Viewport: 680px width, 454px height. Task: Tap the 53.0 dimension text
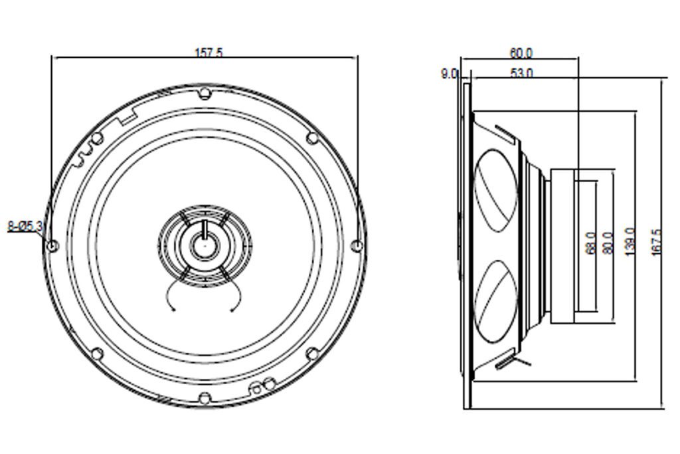coord(521,73)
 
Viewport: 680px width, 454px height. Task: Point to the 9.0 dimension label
coord(449,74)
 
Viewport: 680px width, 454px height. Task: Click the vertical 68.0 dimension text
coord(590,243)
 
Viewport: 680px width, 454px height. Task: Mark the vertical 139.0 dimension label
coord(630,243)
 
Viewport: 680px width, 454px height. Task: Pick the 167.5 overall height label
coord(657,243)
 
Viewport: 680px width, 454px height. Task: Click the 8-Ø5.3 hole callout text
coord(25,227)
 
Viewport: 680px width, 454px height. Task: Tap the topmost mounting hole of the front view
coord(205,92)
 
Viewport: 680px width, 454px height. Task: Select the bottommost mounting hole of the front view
coord(205,399)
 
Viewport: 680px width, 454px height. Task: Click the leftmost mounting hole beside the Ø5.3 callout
coord(53,246)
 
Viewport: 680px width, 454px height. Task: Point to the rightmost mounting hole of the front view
coord(357,246)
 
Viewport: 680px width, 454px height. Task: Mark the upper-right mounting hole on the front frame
coord(312,138)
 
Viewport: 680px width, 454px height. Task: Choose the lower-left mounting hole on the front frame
coord(97,353)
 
